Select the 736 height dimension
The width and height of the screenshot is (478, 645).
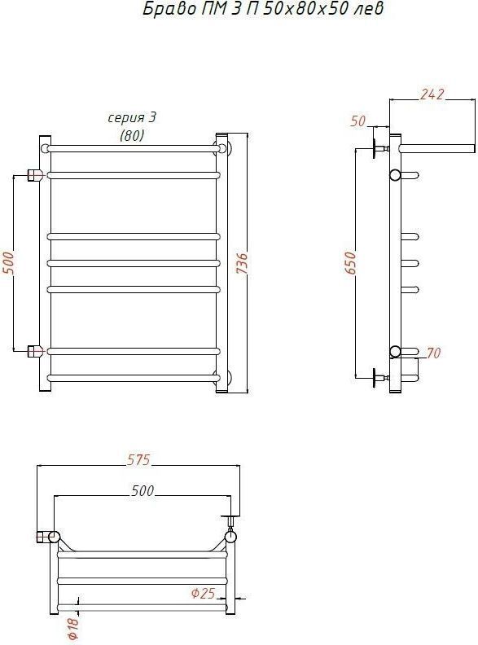(x=243, y=263)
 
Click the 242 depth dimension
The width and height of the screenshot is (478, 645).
(x=432, y=94)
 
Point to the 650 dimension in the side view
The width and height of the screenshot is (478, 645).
(x=351, y=263)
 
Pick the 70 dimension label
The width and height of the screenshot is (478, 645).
(x=433, y=353)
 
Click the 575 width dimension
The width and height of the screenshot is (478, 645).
(x=138, y=459)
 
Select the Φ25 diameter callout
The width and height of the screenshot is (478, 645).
(x=204, y=593)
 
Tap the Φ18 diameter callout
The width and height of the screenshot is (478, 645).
(x=72, y=628)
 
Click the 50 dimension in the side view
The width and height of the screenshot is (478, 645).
(x=357, y=121)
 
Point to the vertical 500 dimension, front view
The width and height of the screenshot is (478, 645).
(x=8, y=263)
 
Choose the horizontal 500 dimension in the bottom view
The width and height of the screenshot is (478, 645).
(x=143, y=490)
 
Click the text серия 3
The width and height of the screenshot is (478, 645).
(x=132, y=117)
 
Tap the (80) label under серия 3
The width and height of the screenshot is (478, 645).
(x=132, y=135)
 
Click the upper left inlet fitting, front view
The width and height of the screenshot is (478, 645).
(x=35, y=175)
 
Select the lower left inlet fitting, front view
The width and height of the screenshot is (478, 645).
(x=35, y=351)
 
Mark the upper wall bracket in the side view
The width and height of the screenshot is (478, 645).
(x=380, y=149)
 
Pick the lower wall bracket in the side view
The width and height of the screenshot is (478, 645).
(x=380, y=378)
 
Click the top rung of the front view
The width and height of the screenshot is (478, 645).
(x=134, y=148)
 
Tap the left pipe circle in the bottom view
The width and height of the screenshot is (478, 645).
(x=55, y=537)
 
